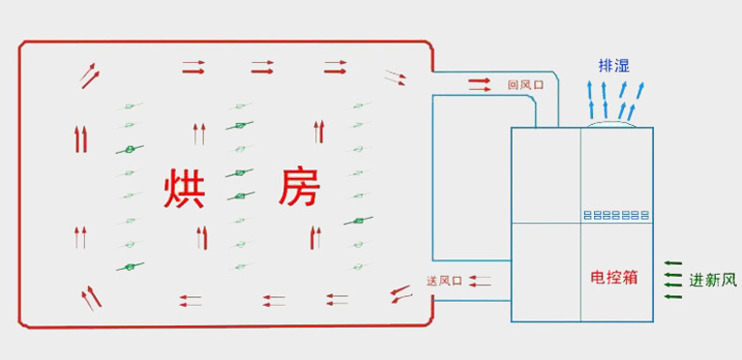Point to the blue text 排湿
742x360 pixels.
click(614, 66)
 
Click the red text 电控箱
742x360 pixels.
click(614, 278)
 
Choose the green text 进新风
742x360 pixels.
click(713, 281)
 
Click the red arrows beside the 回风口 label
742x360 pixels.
click(481, 85)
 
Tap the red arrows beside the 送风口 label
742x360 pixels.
click(480, 281)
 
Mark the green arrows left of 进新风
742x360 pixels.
click(672, 279)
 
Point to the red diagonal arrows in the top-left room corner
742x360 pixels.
click(88, 74)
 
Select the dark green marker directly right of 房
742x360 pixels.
click(358, 222)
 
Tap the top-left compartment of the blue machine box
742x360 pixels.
click(545, 175)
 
